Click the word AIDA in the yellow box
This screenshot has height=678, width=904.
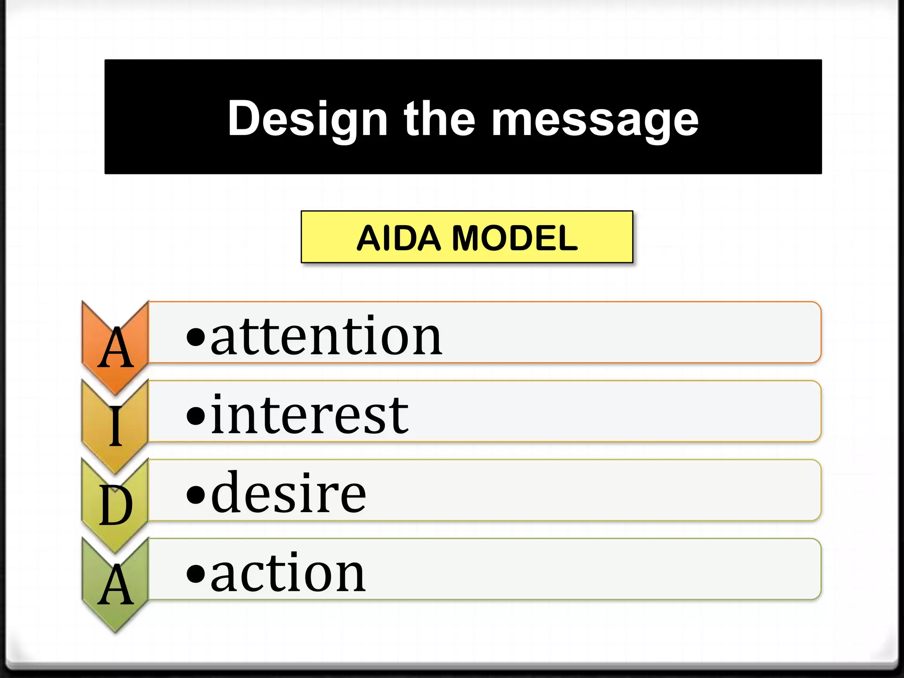pos(399,238)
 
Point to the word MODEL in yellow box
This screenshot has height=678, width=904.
pos(515,238)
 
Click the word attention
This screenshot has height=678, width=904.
pos(326,337)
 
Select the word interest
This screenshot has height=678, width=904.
pos(309,415)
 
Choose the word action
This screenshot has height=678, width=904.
pos(288,573)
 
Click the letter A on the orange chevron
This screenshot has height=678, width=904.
pos(116,349)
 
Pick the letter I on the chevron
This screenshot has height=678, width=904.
pos(116,426)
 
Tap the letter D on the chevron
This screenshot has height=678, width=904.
pos(116,505)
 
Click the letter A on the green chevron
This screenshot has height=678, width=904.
pos(116,585)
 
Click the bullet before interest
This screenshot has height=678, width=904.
pos(196,416)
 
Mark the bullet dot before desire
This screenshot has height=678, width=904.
pos(196,495)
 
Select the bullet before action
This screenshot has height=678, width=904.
pos(196,574)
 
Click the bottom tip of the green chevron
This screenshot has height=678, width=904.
pos(116,631)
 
